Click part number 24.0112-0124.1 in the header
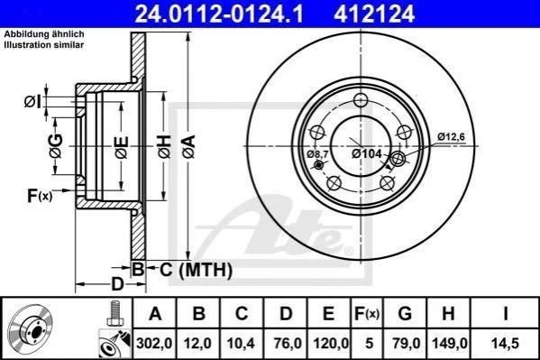(x=219, y=14)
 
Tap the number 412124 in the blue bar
(x=374, y=14)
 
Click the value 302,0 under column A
(x=154, y=344)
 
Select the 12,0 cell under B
(x=197, y=344)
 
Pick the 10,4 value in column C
(x=241, y=344)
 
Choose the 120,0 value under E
(x=331, y=344)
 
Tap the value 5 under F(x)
(x=369, y=344)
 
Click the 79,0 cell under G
(x=406, y=344)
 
